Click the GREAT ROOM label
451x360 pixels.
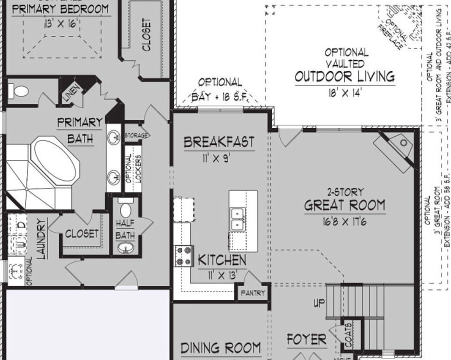[x=345, y=205]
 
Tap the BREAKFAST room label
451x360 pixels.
[x=218, y=142]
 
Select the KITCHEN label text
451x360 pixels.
[x=222, y=260]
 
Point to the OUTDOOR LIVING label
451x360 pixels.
[x=344, y=76]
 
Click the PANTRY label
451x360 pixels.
[x=253, y=293]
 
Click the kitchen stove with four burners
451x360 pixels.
[x=183, y=255]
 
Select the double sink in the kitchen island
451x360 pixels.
[x=236, y=218]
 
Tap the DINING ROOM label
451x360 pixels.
[x=220, y=347]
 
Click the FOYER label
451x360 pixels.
[x=306, y=340]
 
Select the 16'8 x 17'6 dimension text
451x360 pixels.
[x=344, y=221]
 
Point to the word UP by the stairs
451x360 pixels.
[x=319, y=303]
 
